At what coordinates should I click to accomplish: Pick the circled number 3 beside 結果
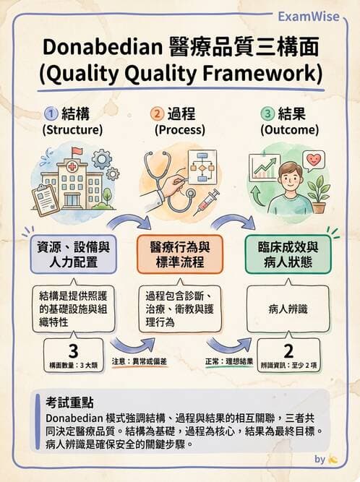[x=267, y=113]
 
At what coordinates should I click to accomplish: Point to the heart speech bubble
[x=314, y=159]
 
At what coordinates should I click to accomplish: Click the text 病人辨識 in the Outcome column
[x=288, y=309]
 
